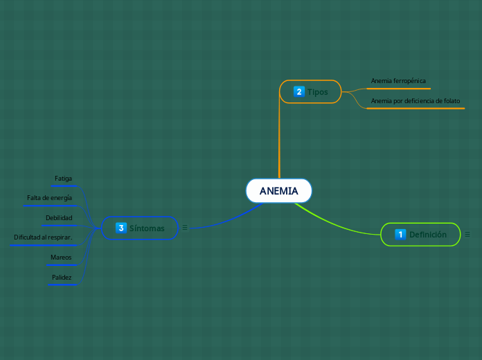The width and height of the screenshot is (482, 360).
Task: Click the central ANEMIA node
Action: pos(278,191)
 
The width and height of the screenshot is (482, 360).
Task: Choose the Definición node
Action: pos(420,235)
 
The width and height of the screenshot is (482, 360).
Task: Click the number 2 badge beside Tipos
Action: pos(299,91)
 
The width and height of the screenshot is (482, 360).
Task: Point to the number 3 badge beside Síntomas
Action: pos(121,228)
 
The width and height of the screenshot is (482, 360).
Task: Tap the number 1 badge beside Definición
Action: pos(400,235)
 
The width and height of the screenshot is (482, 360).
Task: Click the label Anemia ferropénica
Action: pos(398,81)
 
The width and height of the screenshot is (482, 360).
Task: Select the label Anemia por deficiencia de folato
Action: pos(415,101)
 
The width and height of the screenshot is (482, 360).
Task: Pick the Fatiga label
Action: pos(63,179)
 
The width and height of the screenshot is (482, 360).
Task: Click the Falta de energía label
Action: pos(49,198)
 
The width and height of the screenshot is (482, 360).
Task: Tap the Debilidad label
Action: pos(59,218)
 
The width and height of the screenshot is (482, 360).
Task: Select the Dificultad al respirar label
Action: pos(43,237)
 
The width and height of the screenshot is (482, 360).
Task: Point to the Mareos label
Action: pos(61,258)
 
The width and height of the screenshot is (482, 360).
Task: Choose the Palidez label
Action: pos(62,278)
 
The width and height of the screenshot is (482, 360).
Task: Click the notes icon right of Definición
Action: pos(467,235)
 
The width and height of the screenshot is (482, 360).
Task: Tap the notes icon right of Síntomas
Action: pos(185,227)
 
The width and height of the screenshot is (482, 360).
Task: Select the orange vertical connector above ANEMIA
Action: pos(279,138)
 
